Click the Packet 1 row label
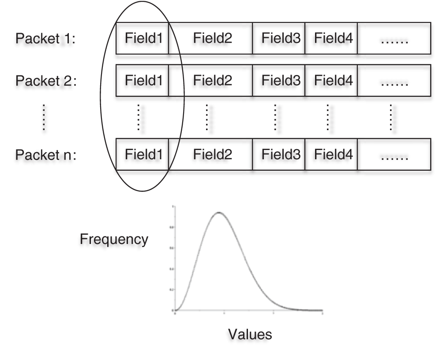pyautogui.click(x=46, y=39)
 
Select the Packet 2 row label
pyautogui.click(x=46, y=81)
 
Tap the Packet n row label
pyautogui.click(x=46, y=155)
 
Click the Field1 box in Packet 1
pyautogui.click(x=143, y=38)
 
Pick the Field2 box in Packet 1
pyautogui.click(x=212, y=38)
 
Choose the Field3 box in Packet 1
pyautogui.click(x=281, y=38)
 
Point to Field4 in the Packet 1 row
pyautogui.click(x=333, y=38)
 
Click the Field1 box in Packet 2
pyautogui.click(x=143, y=81)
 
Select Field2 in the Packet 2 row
pyautogui.click(x=212, y=81)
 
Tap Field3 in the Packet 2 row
pyautogui.click(x=281, y=81)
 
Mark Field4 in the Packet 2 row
pyautogui.click(x=333, y=81)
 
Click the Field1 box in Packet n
pyautogui.click(x=143, y=154)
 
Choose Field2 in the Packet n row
pyautogui.click(x=212, y=154)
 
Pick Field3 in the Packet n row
pyautogui.click(x=281, y=154)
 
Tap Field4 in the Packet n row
pyautogui.click(x=333, y=154)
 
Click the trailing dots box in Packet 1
pyautogui.click(x=394, y=38)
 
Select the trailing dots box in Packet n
pyautogui.click(x=394, y=154)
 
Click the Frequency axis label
pyautogui.click(x=114, y=240)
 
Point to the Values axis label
pyautogui.click(x=250, y=334)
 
